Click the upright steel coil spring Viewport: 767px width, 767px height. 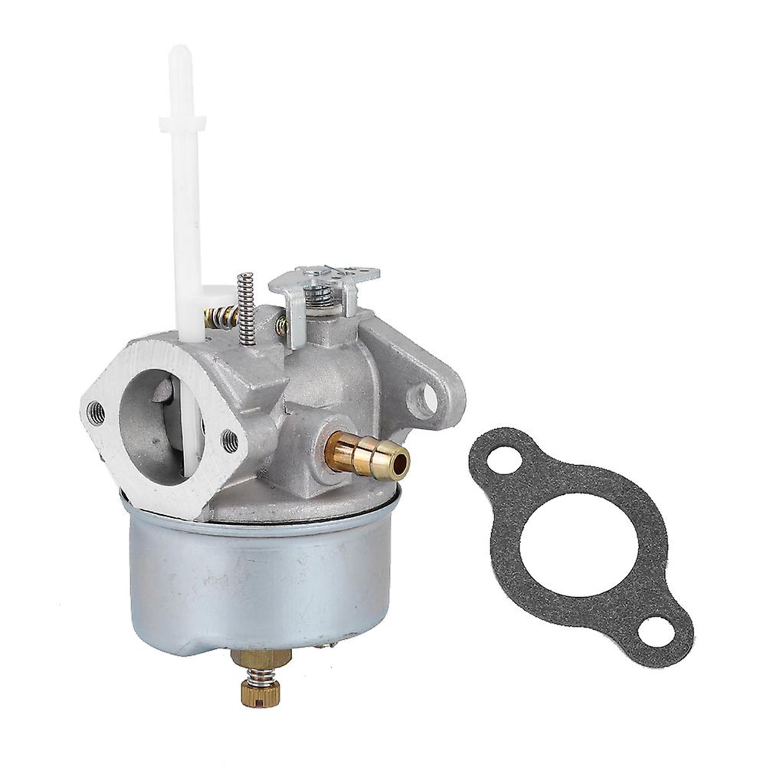pos(246,303)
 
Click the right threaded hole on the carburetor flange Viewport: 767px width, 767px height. pos(229,439)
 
